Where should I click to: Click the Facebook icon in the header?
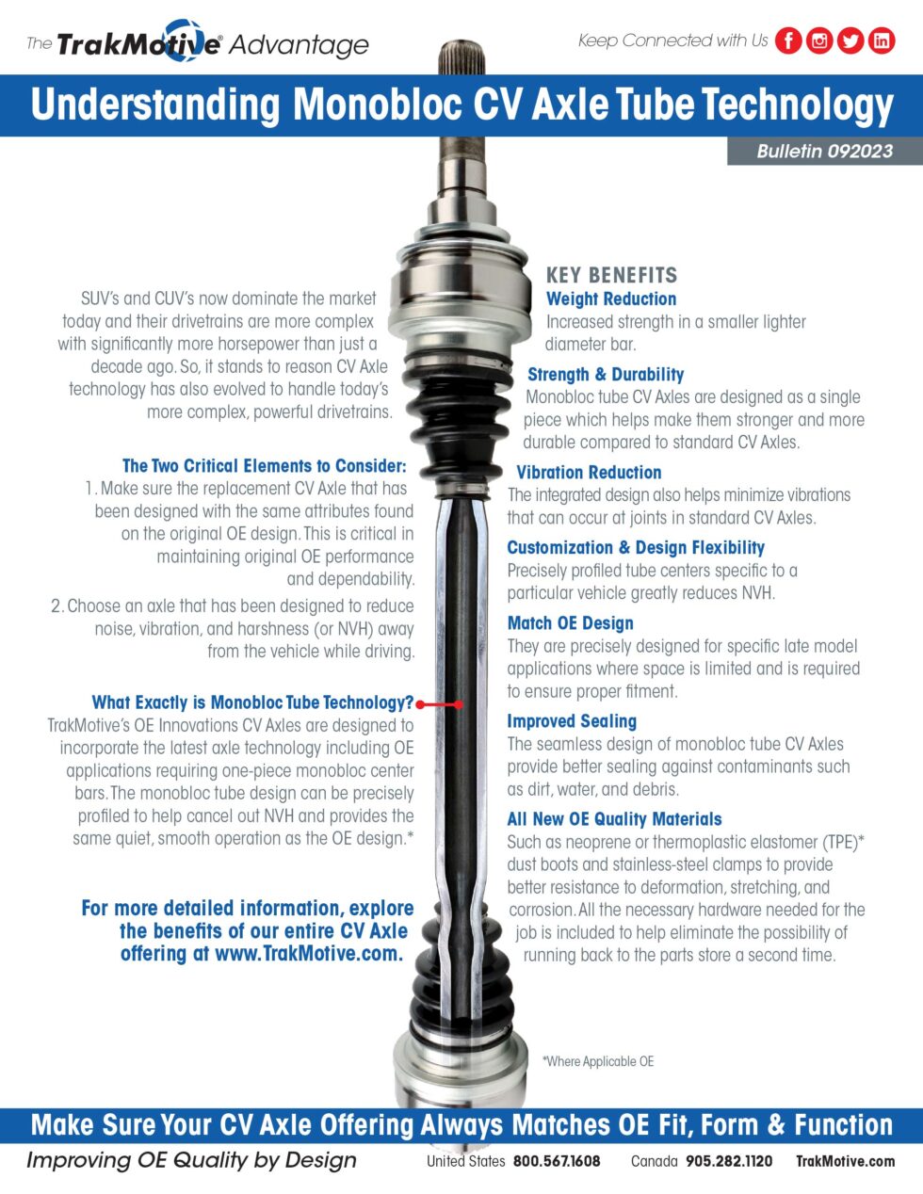click(x=788, y=40)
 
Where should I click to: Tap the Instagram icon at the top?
click(x=819, y=40)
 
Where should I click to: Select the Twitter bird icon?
click(x=850, y=40)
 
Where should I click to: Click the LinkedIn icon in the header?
click(x=882, y=40)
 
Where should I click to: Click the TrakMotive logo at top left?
click(x=198, y=43)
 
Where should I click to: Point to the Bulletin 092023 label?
click(x=824, y=151)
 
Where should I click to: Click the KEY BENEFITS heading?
click(x=611, y=275)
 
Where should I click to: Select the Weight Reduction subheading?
click(x=611, y=298)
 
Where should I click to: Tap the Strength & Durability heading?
click(x=606, y=374)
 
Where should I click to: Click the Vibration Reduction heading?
click(x=589, y=472)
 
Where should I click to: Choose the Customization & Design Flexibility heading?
click(x=636, y=547)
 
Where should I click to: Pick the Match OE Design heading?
click(x=570, y=622)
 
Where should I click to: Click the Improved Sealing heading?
click(x=572, y=720)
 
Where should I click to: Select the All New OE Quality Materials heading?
click(x=614, y=818)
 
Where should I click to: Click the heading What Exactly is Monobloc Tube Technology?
click(x=252, y=702)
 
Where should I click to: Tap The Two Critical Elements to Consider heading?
click(x=264, y=465)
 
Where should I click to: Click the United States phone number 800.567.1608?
click(x=557, y=1161)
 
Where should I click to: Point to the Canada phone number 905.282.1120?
click(x=729, y=1161)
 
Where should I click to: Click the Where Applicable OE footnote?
click(x=598, y=1061)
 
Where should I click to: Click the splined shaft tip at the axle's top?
click(x=461, y=56)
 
